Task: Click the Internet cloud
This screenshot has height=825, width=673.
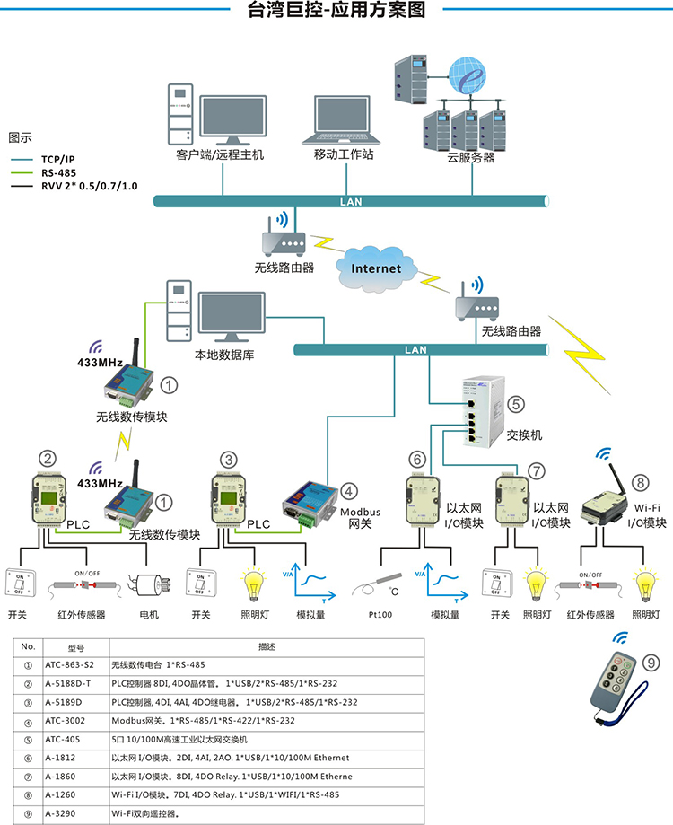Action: pos(376,268)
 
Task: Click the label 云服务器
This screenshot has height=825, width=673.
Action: pos(470,157)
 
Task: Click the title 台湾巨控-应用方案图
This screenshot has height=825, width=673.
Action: pos(336,11)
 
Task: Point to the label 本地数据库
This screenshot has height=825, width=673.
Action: pos(224,355)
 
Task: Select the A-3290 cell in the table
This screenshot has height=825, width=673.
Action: pos(63,813)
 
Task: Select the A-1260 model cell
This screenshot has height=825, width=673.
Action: pos(63,794)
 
